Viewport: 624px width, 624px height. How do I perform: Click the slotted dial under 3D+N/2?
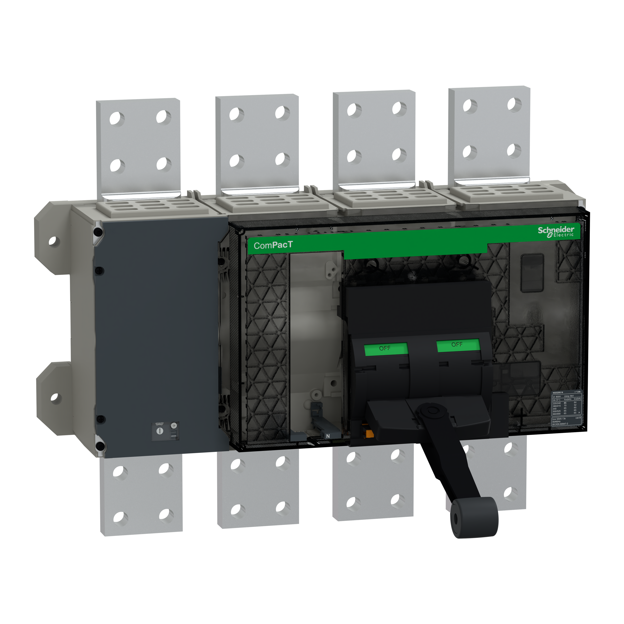159,431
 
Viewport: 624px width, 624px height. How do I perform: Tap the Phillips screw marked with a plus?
174,425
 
